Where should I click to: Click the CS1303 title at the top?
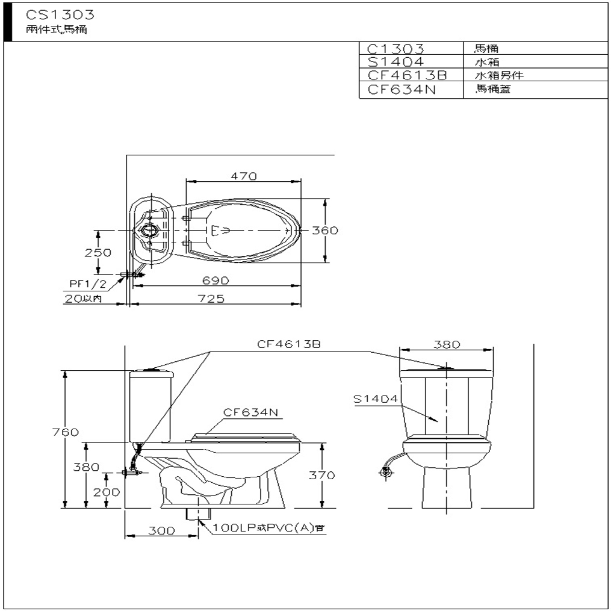(60, 14)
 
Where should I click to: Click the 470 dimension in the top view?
(244, 176)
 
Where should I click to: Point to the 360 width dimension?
(326, 231)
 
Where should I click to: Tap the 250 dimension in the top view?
(98, 253)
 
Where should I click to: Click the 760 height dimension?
(66, 432)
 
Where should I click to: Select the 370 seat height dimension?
(322, 475)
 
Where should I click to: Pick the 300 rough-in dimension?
(161, 531)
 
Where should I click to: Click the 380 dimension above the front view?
(447, 345)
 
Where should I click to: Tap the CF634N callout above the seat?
(250, 412)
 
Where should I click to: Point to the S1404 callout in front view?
(375, 399)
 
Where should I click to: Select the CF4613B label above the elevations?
(288, 344)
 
